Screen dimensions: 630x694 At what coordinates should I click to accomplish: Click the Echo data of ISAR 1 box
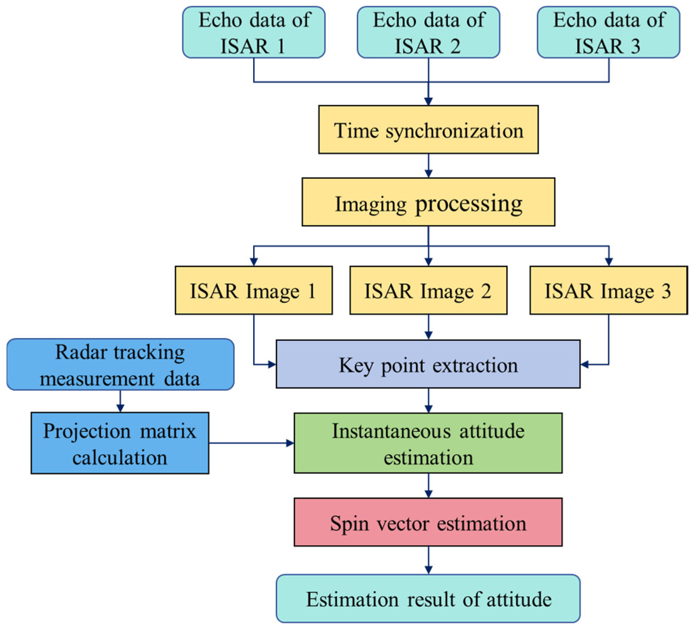253,32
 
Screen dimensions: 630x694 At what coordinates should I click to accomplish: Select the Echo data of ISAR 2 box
428,32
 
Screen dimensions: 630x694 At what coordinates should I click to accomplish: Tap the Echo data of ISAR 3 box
608,32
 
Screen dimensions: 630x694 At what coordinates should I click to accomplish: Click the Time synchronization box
428,130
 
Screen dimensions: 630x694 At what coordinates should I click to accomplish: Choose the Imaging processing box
428,202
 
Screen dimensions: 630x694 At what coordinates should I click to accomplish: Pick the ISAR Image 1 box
253,290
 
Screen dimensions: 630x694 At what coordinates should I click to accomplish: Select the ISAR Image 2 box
428,290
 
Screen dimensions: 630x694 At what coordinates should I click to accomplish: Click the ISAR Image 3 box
608,290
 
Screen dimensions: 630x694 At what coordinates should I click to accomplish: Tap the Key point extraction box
428,364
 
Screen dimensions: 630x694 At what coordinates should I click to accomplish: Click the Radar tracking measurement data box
120,364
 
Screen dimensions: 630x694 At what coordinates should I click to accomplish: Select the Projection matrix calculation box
120,443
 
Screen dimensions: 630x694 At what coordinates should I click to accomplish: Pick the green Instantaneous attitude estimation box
428,443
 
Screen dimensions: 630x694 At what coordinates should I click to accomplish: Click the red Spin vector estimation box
428,522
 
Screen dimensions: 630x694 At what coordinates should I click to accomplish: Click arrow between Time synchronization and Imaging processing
428,166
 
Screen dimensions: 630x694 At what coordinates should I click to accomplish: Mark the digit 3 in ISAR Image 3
666,291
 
